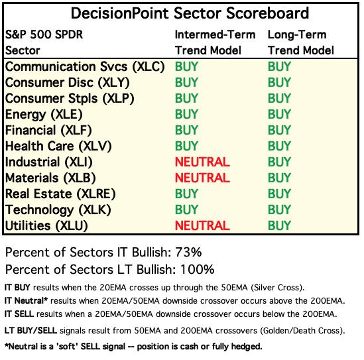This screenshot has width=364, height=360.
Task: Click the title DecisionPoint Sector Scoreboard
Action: coord(190,13)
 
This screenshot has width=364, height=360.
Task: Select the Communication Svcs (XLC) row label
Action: coord(85,67)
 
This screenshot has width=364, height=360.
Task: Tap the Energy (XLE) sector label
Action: coord(44,115)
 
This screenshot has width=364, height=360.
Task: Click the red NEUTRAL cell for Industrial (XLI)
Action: coord(202,162)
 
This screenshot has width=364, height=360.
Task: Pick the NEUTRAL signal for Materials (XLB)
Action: coord(202,178)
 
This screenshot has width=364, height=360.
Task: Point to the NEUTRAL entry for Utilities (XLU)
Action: coord(202,225)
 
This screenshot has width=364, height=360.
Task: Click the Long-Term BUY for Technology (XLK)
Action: coord(279,210)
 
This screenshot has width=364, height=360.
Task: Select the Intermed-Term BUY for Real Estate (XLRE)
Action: coord(186,194)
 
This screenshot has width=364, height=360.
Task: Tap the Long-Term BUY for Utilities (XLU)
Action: coord(279,225)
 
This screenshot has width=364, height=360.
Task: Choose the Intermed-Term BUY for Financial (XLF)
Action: coord(186,130)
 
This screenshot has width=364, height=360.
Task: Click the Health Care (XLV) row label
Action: coord(58,147)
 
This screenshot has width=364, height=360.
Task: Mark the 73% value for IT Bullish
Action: coord(188,252)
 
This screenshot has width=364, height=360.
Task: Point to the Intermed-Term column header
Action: coord(215,42)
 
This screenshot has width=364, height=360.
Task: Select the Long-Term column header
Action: coord(301,42)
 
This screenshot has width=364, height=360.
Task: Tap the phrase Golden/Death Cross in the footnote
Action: coord(301,331)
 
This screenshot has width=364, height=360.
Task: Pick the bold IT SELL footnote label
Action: coord(19,314)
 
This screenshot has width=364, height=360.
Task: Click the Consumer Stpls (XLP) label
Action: coord(70,99)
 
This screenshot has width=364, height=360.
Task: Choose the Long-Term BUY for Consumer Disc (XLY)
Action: coord(279,82)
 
